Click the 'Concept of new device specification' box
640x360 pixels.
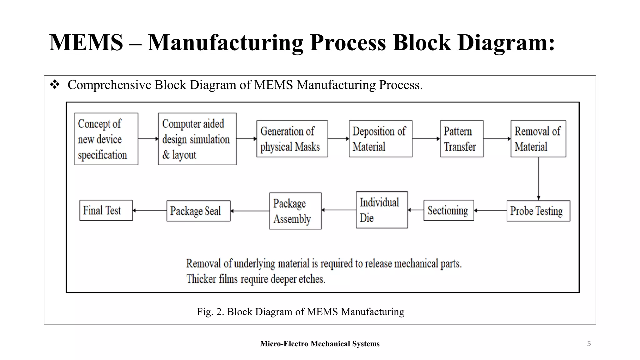pyautogui.click(x=106, y=139)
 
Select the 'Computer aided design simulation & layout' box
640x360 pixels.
pyautogui.click(x=197, y=139)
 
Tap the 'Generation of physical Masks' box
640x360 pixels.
pyautogui.click(x=292, y=139)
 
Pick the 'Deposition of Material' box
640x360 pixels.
pyautogui.click(x=380, y=139)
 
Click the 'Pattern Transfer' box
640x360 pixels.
pyautogui.click(x=462, y=139)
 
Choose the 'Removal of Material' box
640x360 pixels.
pyautogui.click(x=538, y=139)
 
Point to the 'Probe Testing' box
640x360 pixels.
pyautogui.click(x=538, y=211)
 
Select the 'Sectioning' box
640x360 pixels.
pyautogui.click(x=448, y=211)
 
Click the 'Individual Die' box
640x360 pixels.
pyautogui.click(x=382, y=210)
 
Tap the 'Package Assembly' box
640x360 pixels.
pyautogui.click(x=295, y=211)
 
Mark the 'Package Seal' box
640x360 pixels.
pyautogui.click(x=198, y=211)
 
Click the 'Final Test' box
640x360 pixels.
pyautogui.click(x=106, y=210)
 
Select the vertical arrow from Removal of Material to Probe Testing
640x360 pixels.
pyautogui.click(x=538, y=178)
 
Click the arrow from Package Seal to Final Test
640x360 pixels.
pyautogui.click(x=150, y=211)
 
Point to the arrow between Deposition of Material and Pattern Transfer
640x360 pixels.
pyautogui.click(x=426, y=139)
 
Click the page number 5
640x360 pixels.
pyautogui.click(x=589, y=344)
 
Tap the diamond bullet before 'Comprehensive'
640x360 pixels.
pyautogui.click(x=55, y=85)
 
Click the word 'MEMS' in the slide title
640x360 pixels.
pyautogui.click(x=86, y=42)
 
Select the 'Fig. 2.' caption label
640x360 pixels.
pyautogui.click(x=210, y=312)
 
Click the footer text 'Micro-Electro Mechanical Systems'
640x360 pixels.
pyautogui.click(x=320, y=344)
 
